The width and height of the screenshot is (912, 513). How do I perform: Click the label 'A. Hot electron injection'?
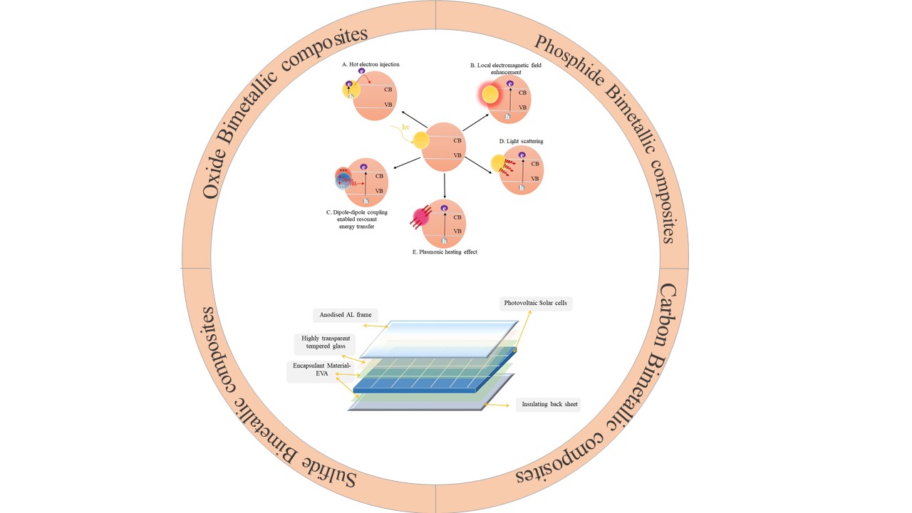(x=370, y=64)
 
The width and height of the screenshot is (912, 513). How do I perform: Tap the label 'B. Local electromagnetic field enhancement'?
(x=500, y=68)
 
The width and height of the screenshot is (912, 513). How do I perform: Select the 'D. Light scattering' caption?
(x=521, y=141)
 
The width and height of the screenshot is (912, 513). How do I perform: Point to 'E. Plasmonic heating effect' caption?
(x=444, y=252)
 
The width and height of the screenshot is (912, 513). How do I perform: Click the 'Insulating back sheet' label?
(x=549, y=405)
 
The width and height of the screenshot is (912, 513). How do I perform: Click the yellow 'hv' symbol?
(x=406, y=127)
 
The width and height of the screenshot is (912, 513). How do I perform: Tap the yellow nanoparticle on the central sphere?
(x=421, y=140)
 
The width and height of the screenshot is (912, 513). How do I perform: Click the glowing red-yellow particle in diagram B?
(x=490, y=95)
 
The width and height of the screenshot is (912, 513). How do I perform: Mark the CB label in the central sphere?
(x=457, y=140)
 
